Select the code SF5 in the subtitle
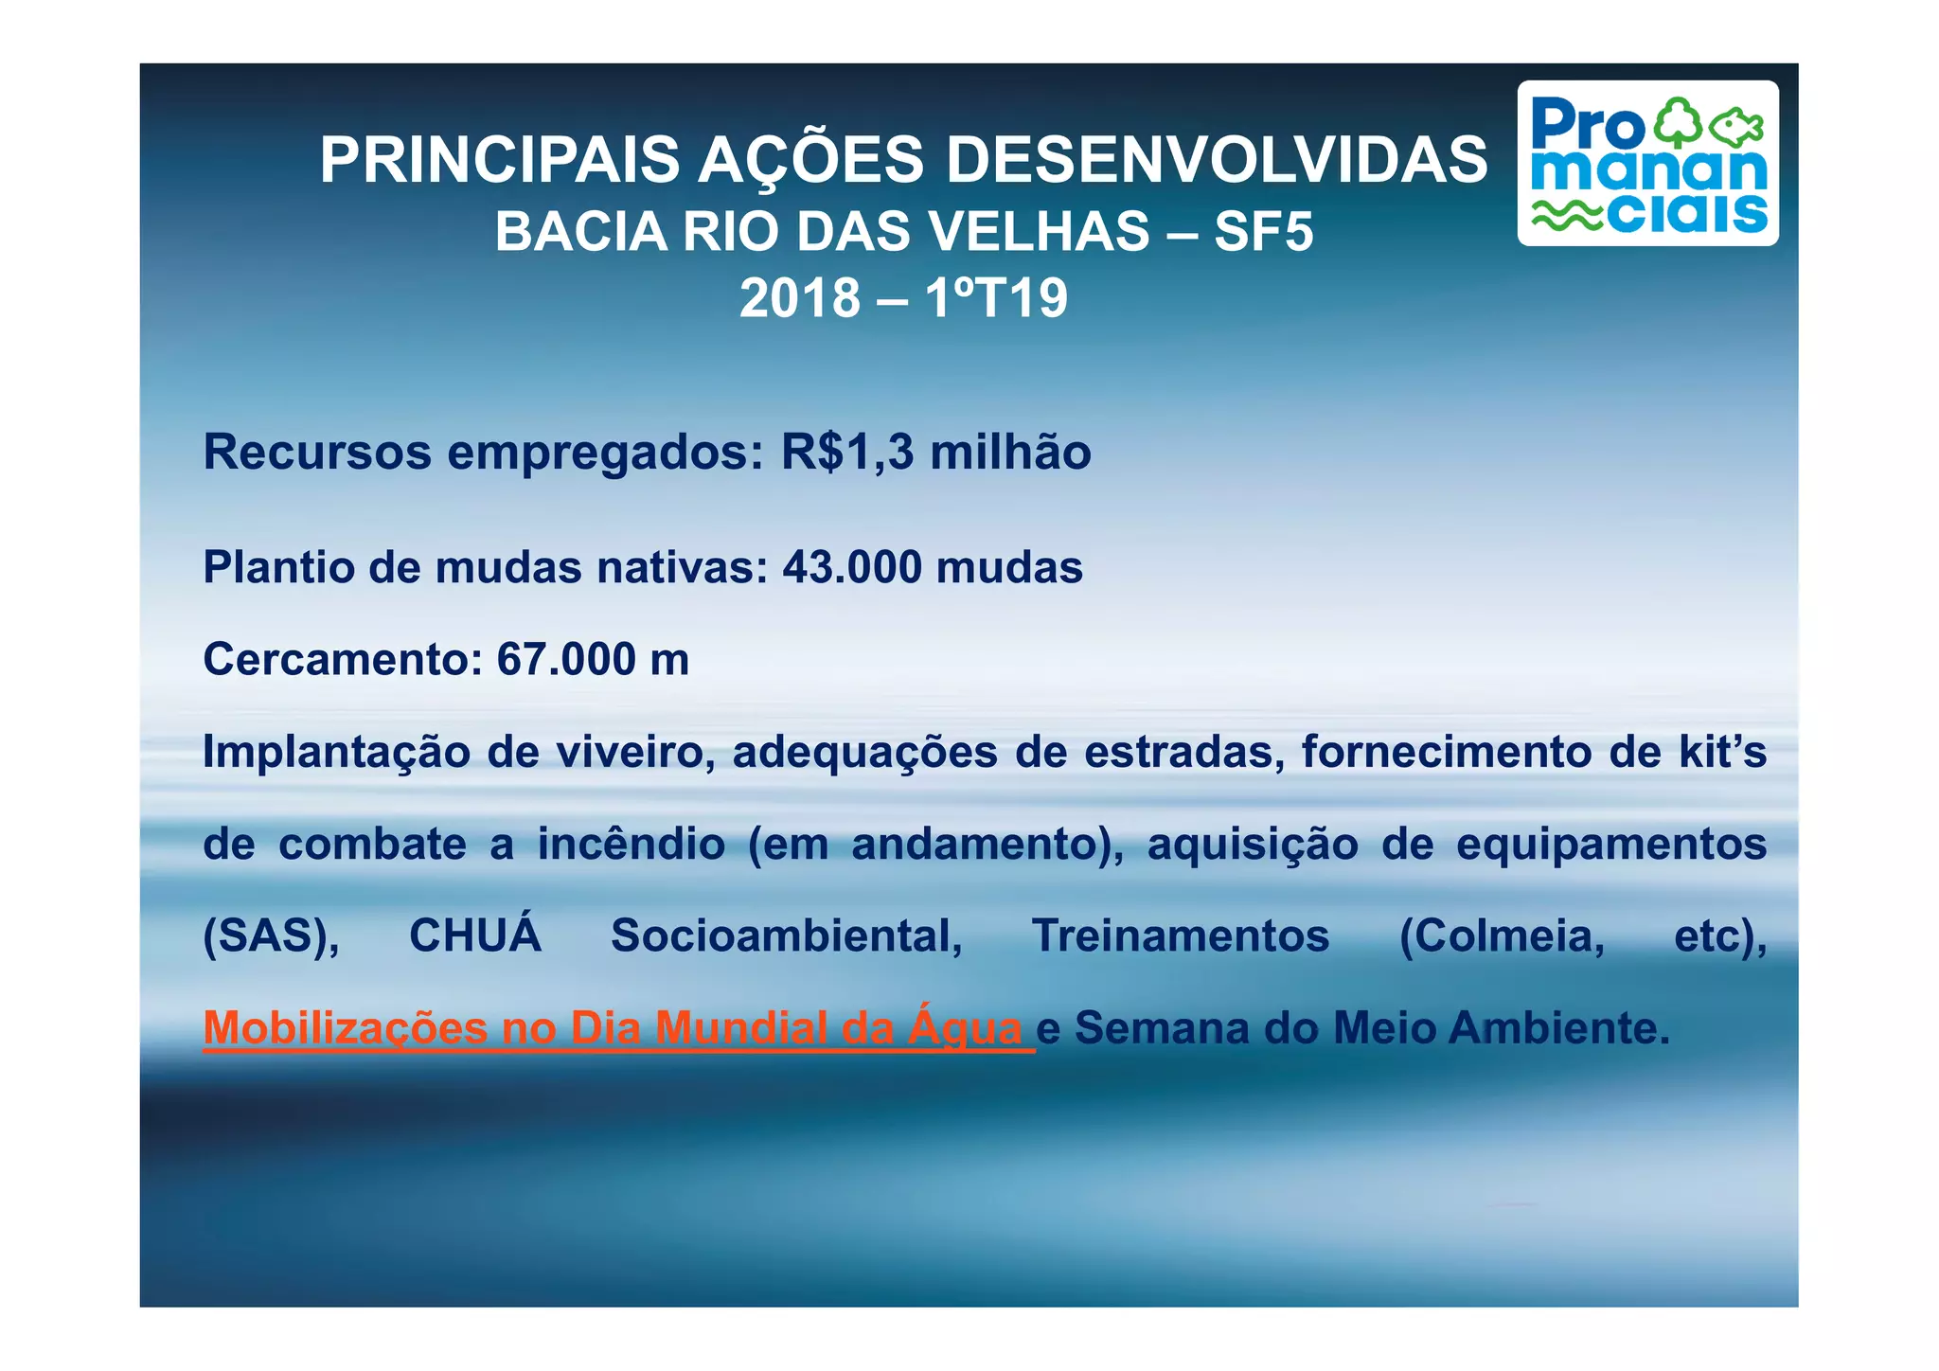pyautogui.click(x=1264, y=231)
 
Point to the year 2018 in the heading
pyautogui.click(x=800, y=298)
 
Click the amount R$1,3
pyautogui.click(x=847, y=452)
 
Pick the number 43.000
pyautogui.click(x=852, y=568)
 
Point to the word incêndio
pyautogui.click(x=632, y=844)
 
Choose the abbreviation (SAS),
pyautogui.click(x=271, y=936)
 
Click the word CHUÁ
pyautogui.click(x=475, y=935)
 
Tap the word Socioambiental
pyautogui.click(x=786, y=936)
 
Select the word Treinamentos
pyautogui.click(x=1181, y=936)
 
